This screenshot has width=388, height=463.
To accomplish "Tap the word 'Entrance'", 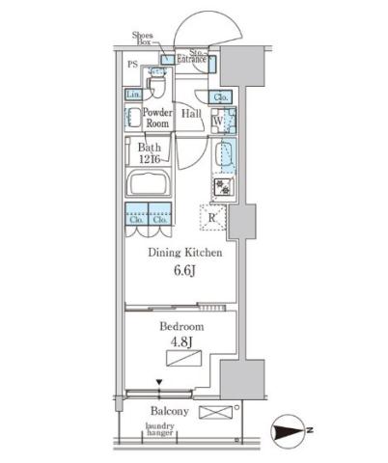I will point(191,59).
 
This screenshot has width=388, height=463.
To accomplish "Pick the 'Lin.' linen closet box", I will point(133,95).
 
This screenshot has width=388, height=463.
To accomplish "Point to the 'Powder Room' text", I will point(157,118).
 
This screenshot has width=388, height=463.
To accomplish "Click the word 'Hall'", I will point(191,114).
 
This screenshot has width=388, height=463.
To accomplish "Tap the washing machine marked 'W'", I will point(219,122).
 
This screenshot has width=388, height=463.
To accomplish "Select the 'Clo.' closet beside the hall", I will point(220,96).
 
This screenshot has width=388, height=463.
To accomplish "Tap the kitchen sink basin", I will point(223,154).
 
